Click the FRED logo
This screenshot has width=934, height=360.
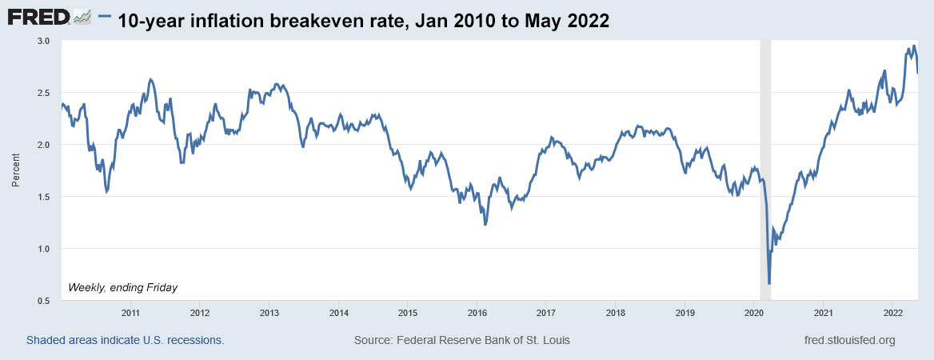pos(50,17)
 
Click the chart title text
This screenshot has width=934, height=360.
pos(363,21)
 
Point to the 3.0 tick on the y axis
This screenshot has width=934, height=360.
pos(44,41)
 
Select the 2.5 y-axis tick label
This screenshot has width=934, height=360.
pos(44,93)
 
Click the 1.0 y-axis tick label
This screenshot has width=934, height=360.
pos(44,249)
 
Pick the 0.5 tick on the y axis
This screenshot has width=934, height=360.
pos(44,301)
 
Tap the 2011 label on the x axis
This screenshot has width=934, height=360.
pos(130,313)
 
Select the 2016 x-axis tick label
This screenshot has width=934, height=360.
pos(477,313)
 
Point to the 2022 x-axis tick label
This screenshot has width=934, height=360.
pos(892,313)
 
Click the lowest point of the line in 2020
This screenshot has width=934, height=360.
pos(769,283)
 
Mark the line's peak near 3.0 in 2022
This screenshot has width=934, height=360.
pos(914,46)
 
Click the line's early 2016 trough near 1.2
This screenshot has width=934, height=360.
pos(485,225)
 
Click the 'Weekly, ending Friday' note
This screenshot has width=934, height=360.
pos(123,287)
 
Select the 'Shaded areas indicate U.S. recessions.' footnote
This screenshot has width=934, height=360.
pos(125,341)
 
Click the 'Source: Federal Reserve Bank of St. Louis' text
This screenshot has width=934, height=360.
pos(461,341)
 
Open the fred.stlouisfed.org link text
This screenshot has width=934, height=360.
pos(849,341)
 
